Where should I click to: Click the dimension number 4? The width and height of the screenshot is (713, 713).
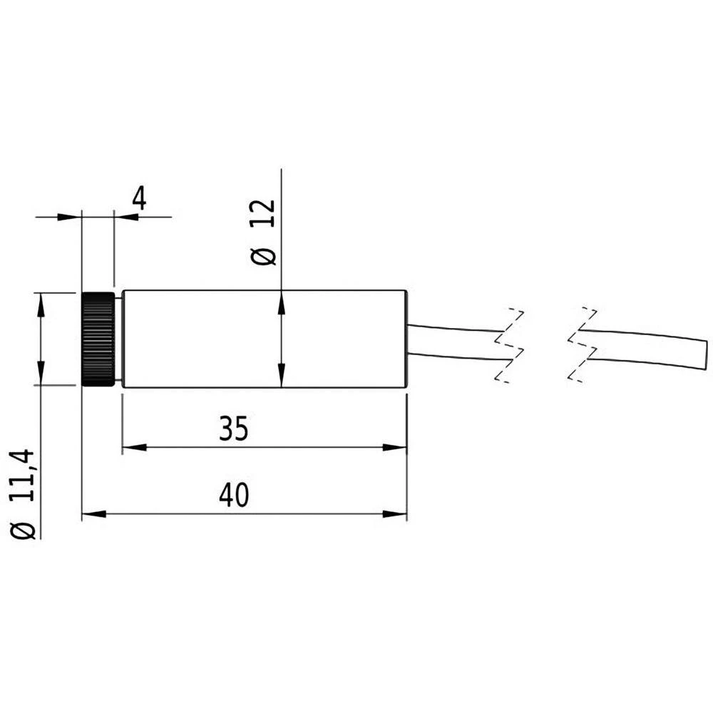pyautogui.click(x=138, y=198)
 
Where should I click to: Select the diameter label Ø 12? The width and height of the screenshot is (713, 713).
pyautogui.click(x=263, y=233)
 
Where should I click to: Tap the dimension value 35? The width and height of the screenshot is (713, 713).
pyautogui.click(x=234, y=429)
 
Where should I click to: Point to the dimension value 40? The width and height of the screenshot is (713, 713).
pyautogui.click(x=234, y=496)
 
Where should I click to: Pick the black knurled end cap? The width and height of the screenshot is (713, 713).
pyautogui.click(x=98, y=339)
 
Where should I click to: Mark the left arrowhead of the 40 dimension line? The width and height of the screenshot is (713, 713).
pyautogui.click(x=93, y=513)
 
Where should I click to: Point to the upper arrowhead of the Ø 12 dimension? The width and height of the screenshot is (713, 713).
pyautogui.click(x=282, y=302)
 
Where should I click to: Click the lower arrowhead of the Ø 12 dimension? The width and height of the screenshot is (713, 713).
pyautogui.click(x=282, y=376)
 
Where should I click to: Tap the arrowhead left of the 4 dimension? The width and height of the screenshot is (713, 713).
pyautogui.click(x=68, y=217)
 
